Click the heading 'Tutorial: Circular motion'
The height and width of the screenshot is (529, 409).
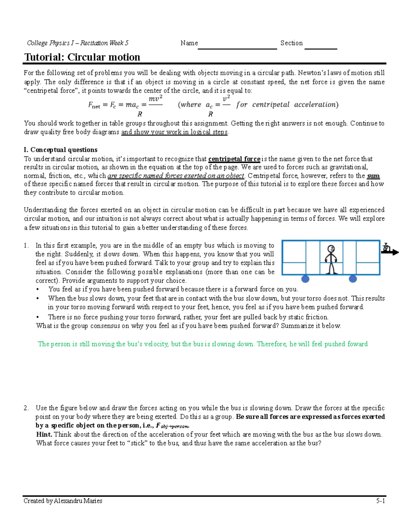82,57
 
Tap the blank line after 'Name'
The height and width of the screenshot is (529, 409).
237,47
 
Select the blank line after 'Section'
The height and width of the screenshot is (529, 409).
320,47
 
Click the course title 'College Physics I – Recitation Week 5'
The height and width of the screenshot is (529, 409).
78,43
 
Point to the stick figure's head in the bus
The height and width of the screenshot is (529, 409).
331,249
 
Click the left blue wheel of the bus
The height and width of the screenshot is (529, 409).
305,279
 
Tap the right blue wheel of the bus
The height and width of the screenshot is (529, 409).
353,279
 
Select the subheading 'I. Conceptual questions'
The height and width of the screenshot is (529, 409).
60,150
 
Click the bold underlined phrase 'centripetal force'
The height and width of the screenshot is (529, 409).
234,159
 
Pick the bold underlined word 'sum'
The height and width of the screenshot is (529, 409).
373,176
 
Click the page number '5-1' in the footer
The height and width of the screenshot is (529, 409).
380,501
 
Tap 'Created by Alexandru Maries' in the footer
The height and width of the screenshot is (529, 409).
63,501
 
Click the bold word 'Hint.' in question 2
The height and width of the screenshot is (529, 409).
44,434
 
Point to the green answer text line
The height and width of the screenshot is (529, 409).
202,344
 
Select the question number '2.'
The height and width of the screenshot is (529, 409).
26,408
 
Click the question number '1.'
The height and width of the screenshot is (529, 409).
26,246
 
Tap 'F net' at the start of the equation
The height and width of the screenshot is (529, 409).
94,105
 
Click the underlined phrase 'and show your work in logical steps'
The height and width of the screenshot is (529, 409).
175,132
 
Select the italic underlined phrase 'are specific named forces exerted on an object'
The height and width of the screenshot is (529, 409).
176,176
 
